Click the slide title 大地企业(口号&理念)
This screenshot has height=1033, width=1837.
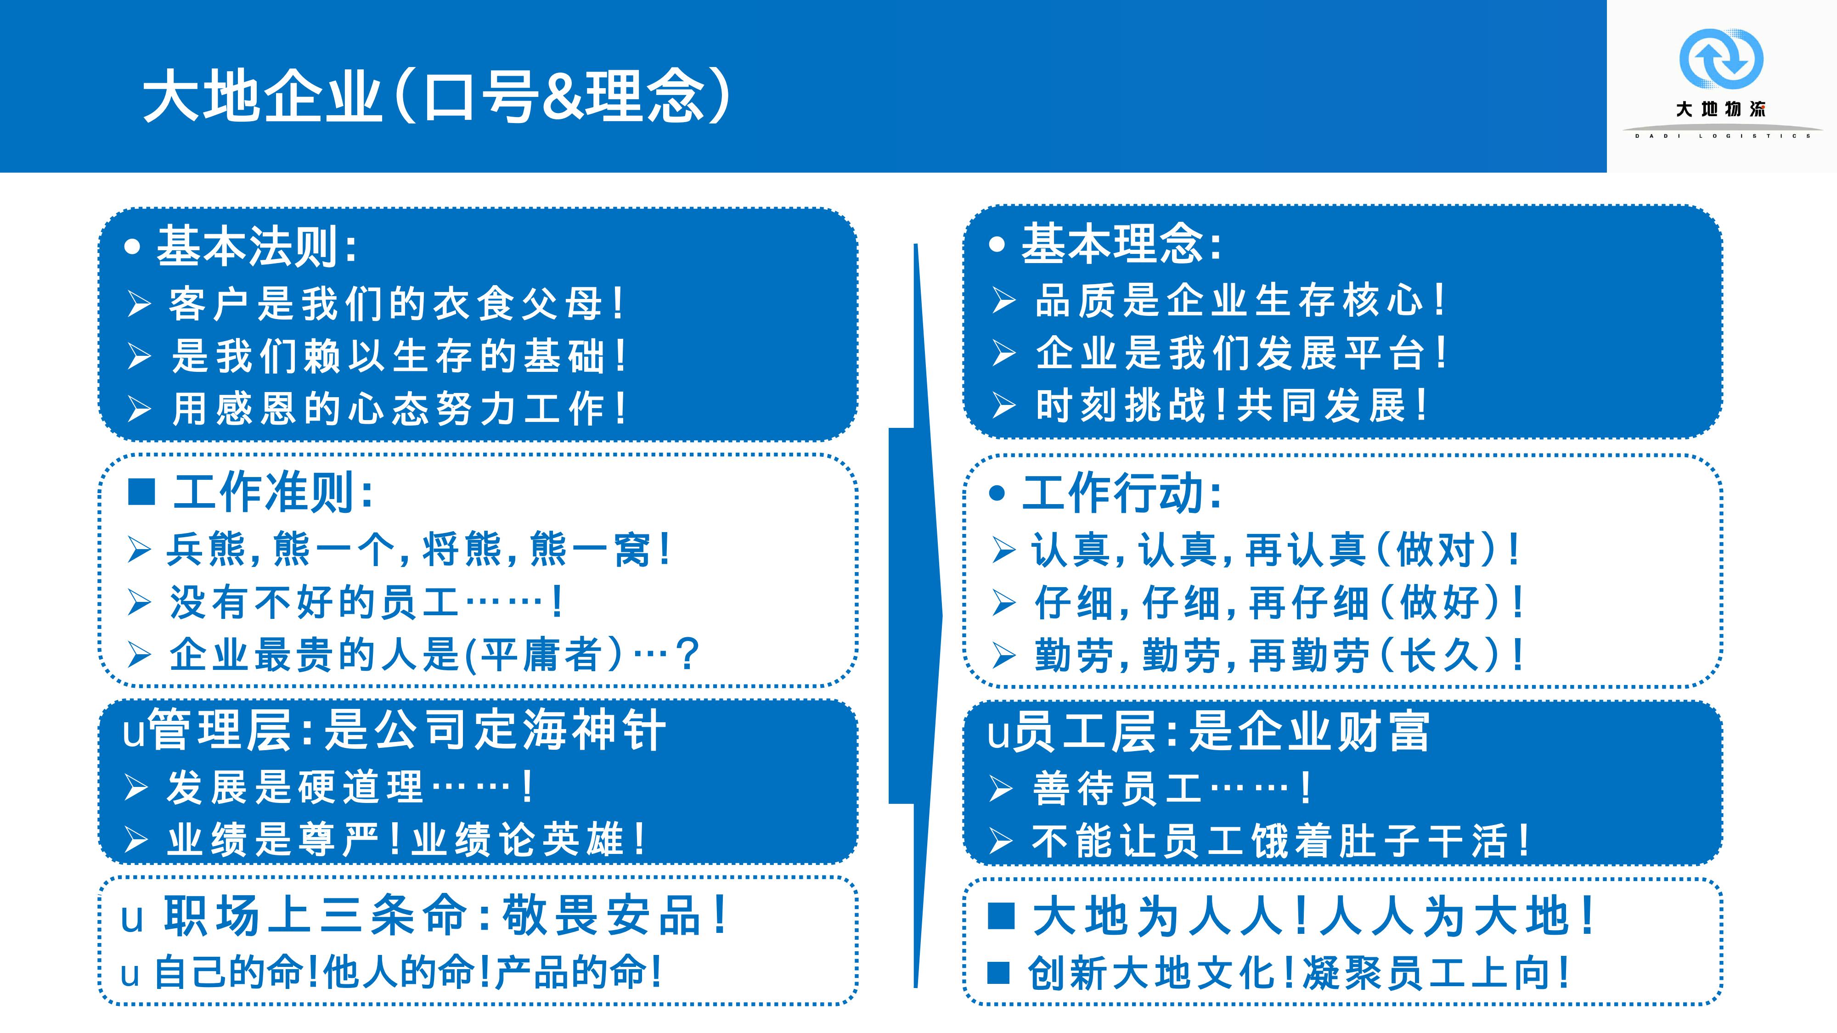coord(436,96)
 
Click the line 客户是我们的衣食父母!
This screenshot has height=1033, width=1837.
coord(396,303)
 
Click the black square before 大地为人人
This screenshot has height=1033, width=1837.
coord(1001,916)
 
